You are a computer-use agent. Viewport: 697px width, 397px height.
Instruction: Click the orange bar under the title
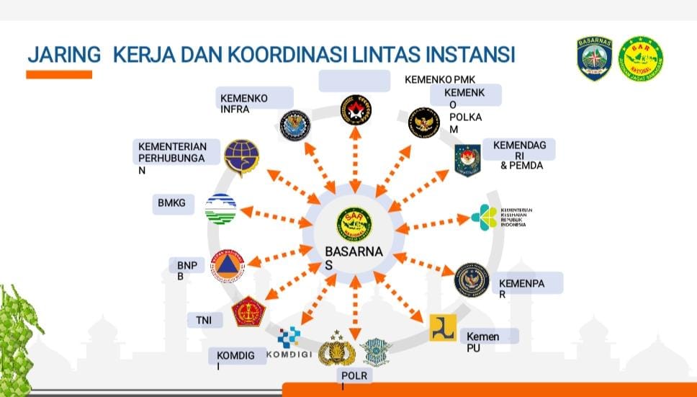(x=59, y=74)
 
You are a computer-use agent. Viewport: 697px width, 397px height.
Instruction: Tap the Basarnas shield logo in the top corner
(x=594, y=58)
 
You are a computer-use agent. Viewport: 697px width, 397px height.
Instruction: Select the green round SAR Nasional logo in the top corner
(x=640, y=58)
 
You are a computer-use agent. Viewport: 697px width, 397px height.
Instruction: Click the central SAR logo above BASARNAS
(x=355, y=223)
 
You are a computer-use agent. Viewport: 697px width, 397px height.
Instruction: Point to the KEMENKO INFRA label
(x=244, y=103)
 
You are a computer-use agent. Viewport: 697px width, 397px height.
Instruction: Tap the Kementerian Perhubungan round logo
(x=240, y=159)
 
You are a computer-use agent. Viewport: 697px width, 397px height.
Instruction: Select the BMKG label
(x=171, y=203)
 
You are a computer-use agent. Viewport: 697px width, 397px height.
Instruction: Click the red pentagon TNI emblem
(x=248, y=311)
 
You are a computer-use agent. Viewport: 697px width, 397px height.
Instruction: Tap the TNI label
(x=203, y=320)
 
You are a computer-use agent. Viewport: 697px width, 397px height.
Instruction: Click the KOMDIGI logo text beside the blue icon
(x=289, y=354)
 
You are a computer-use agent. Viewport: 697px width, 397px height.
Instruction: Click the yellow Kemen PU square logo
(x=443, y=328)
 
